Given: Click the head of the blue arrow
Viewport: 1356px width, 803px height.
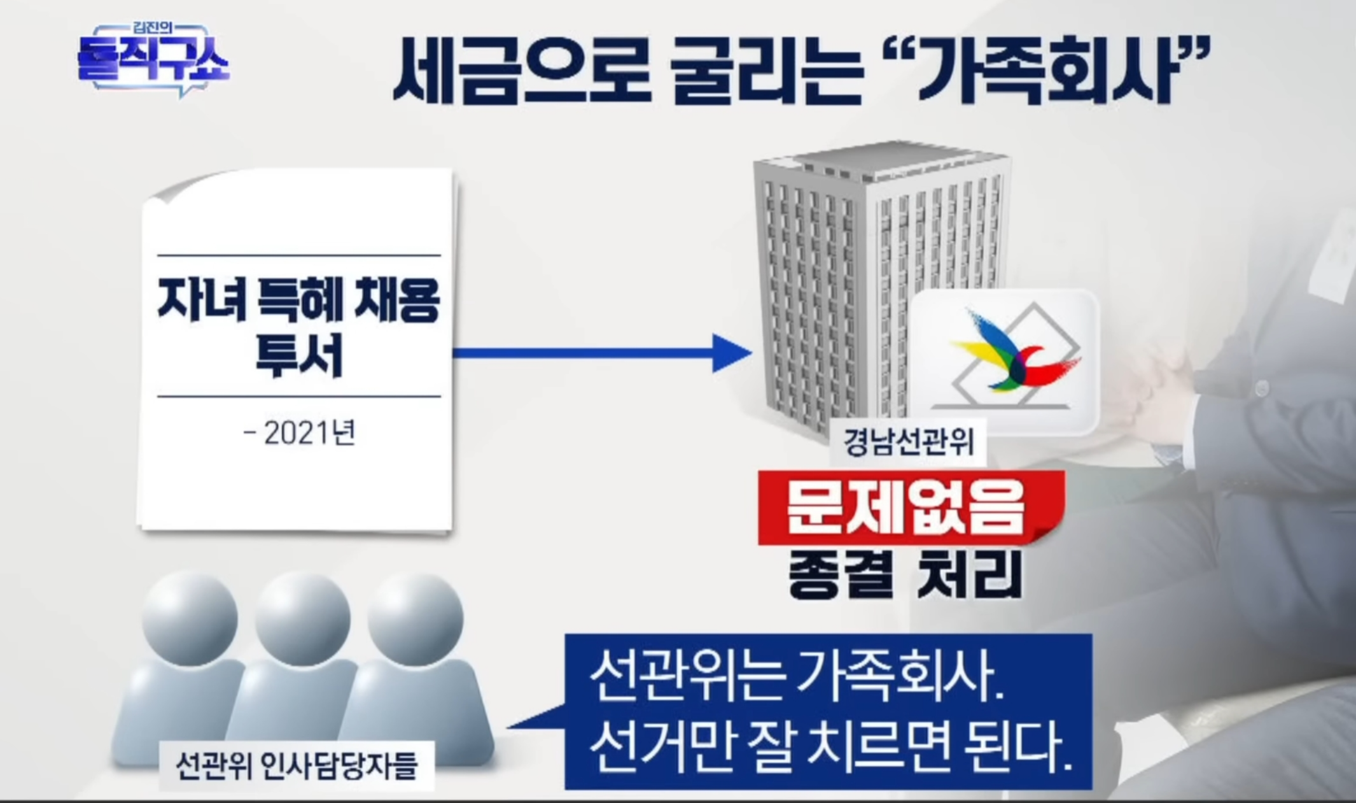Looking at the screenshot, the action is pos(732,353).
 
